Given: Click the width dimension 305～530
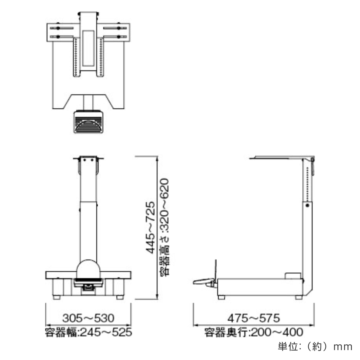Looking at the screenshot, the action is click(88, 318).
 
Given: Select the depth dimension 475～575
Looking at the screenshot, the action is click(253, 318).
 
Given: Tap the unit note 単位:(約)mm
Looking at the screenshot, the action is click(315, 347).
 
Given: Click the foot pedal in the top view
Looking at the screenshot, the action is click(88, 122).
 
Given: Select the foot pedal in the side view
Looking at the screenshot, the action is click(204, 286).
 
